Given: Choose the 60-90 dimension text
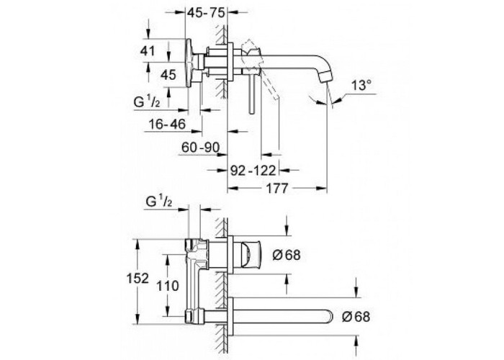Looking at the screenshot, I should click(201, 148).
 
